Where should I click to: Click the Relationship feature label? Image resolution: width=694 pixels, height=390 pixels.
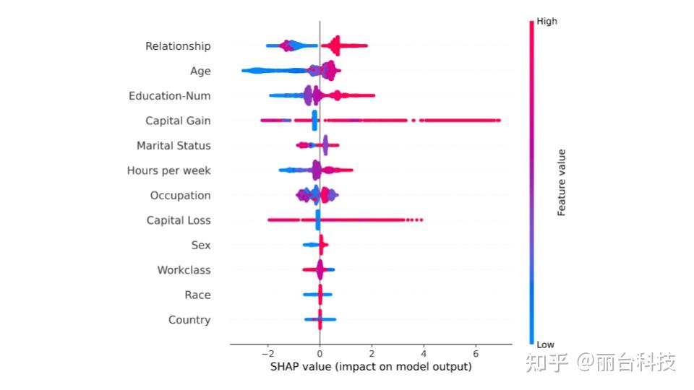pos(178,46)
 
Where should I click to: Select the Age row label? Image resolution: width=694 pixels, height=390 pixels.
pos(200,71)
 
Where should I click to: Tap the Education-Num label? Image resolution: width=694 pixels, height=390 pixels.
pos(169,96)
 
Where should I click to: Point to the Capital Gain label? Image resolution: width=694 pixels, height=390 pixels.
pos(178,121)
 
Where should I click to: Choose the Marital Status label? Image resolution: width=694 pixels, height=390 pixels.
pos(173,146)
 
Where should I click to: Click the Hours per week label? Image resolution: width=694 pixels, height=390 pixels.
pos(168,170)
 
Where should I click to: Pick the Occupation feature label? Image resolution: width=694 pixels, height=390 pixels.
pos(180,196)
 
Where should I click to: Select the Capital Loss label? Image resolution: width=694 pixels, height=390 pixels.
pos(179,220)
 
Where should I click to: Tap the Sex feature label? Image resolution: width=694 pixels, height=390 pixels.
pos(201,246)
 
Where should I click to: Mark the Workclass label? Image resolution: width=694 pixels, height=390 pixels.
pos(184,270)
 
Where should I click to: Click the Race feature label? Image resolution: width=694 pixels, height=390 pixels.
pos(197,295)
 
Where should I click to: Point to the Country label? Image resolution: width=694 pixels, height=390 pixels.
pos(189,320)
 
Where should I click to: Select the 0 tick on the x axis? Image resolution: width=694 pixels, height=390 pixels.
pos(320,355)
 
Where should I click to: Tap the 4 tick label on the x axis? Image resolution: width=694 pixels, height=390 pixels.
pos(424,355)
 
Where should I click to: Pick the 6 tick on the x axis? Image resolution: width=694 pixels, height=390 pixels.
pos(476,355)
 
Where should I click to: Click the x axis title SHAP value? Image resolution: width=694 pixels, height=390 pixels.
pos(371,367)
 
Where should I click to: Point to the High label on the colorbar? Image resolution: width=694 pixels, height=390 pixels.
pos(547,22)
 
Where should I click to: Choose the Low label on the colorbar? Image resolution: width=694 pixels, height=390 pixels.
pos(546,344)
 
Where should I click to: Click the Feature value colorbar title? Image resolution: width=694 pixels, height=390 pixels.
pos(562,183)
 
